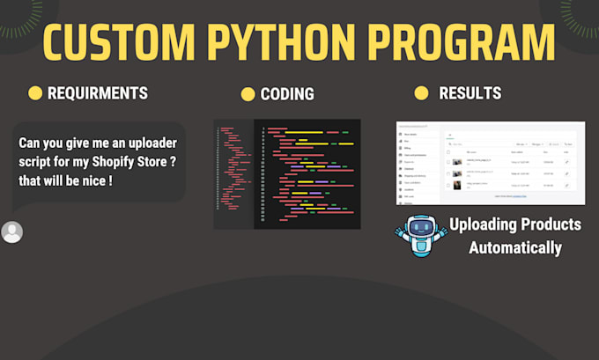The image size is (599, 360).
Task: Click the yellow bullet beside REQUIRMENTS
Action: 35,92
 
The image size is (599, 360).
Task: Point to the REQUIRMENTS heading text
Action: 98,92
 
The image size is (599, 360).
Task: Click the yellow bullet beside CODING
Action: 248,94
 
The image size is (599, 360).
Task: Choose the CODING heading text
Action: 287,94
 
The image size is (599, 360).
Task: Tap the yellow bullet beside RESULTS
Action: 421,92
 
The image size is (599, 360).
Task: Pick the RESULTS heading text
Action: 470,92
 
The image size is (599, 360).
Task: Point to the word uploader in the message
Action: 152,143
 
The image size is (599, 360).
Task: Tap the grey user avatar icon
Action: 12,232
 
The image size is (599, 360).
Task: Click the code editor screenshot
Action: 287,173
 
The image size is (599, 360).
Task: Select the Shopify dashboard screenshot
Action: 490,162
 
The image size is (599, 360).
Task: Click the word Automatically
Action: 514,247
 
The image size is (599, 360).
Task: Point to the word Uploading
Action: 484,224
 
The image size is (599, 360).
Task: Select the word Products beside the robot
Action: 551,224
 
